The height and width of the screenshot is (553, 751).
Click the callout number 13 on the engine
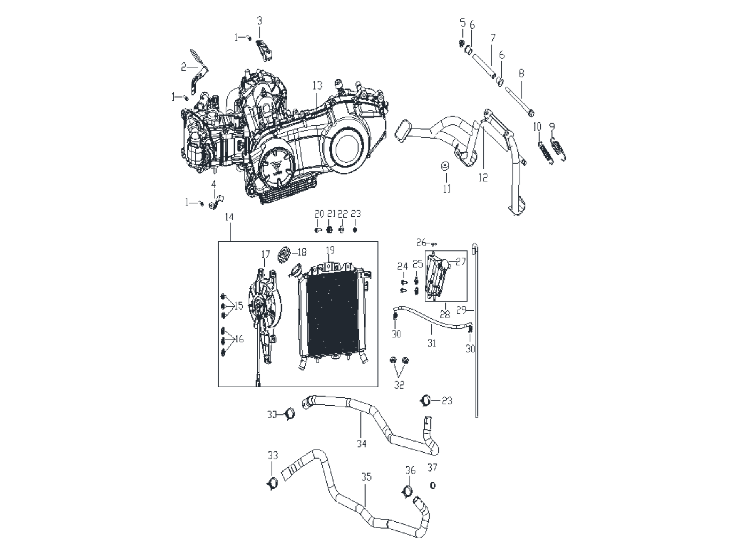tap(317, 85)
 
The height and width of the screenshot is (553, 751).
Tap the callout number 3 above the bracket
tap(260, 20)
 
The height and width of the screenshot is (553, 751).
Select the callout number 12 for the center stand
tap(483, 178)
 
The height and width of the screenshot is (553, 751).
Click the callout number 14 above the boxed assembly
tap(229, 217)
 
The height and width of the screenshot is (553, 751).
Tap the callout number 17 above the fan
tap(265, 254)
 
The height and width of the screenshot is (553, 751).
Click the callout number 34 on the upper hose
tap(362, 444)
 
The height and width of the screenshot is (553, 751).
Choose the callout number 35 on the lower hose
tap(366, 477)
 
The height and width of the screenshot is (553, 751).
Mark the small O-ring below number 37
tap(433, 485)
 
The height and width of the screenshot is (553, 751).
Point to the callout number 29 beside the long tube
tap(461, 310)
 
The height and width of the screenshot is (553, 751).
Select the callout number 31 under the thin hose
tap(432, 343)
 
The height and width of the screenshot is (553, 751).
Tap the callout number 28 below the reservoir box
tap(445, 314)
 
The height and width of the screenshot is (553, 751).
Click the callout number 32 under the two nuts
tap(399, 385)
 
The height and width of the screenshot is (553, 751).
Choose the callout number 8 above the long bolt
tap(521, 73)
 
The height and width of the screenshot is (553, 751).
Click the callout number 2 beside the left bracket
tap(184, 68)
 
